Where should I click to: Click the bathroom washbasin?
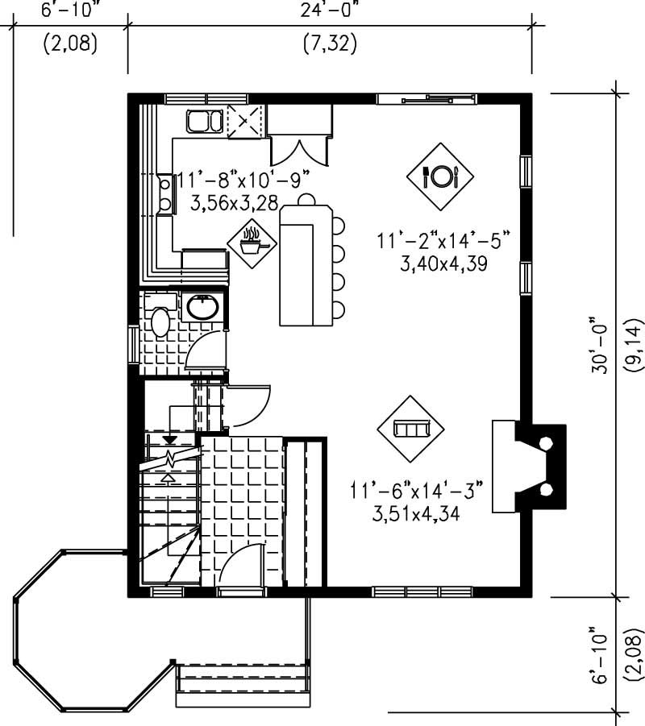point(199,307)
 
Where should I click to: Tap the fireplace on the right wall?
point(528,466)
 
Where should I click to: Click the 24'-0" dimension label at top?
point(330,10)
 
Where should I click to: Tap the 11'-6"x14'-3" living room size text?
point(416,489)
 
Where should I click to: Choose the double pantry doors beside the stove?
point(299,149)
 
